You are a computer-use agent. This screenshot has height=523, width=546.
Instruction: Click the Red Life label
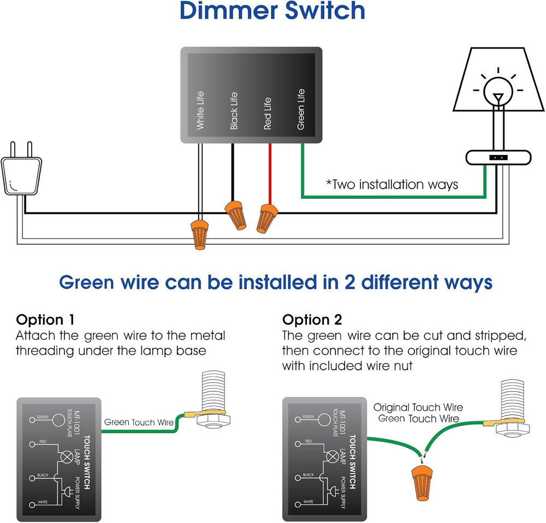(x=267, y=114)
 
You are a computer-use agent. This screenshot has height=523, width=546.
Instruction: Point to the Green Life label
(x=301, y=109)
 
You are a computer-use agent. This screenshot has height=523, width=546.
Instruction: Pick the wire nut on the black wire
(x=235, y=214)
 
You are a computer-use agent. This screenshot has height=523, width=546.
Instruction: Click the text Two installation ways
(x=391, y=185)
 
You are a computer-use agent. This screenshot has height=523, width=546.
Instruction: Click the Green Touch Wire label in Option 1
(x=139, y=422)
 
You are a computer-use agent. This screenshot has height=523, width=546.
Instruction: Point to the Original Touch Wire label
(x=418, y=407)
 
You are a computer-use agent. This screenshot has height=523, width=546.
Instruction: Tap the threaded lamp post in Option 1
(x=213, y=390)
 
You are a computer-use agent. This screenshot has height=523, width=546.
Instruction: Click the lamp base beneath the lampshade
(x=498, y=158)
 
